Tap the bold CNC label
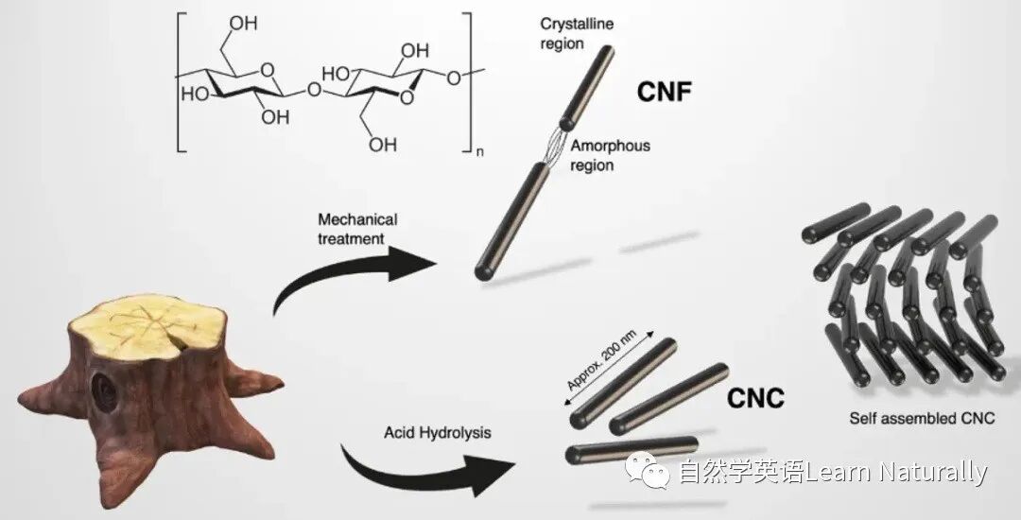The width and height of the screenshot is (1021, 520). pos(755,399)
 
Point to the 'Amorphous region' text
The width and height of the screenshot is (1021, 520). pos(610,156)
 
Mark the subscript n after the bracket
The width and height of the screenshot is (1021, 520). pos(479,152)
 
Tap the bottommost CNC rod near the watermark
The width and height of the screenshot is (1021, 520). pos(632,449)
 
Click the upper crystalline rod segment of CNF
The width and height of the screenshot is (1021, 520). pos(587,85)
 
